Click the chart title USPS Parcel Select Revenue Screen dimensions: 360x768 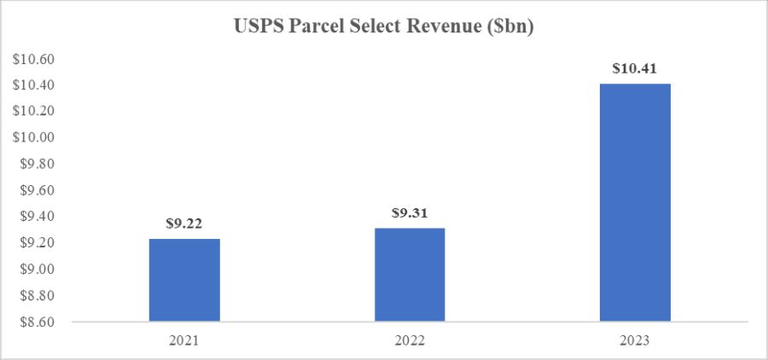(383, 27)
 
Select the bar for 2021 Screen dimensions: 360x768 (184, 280)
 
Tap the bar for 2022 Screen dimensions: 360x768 (409, 275)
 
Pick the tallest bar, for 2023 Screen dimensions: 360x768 (634, 202)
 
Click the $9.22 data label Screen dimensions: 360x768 (184, 224)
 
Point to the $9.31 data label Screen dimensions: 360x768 (409, 212)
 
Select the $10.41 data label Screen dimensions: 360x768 (634, 67)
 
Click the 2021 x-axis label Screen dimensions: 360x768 (184, 339)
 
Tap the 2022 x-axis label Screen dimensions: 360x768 (409, 339)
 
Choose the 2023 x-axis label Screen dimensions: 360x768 (634, 339)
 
